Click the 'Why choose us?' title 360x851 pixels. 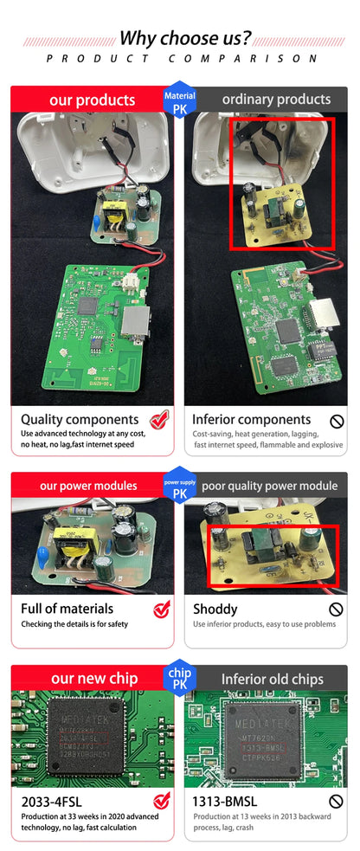pos(185,38)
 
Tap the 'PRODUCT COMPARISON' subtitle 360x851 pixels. pos(182,59)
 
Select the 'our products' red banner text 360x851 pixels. pos(92,100)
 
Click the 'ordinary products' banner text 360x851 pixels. pos(276,100)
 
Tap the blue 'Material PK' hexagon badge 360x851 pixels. pos(180,101)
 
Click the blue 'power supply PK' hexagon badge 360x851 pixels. pos(180,488)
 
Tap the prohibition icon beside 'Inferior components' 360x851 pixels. pos(337,421)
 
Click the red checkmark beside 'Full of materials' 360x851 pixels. pos(162,609)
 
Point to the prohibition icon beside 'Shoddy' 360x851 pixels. pos(337,609)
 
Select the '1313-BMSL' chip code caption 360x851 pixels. pos(225,802)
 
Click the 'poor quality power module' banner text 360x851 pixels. pos(270,486)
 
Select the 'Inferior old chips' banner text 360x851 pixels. pos(272,679)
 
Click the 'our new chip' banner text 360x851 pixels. pos(94,678)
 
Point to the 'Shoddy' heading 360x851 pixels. pos(215,609)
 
